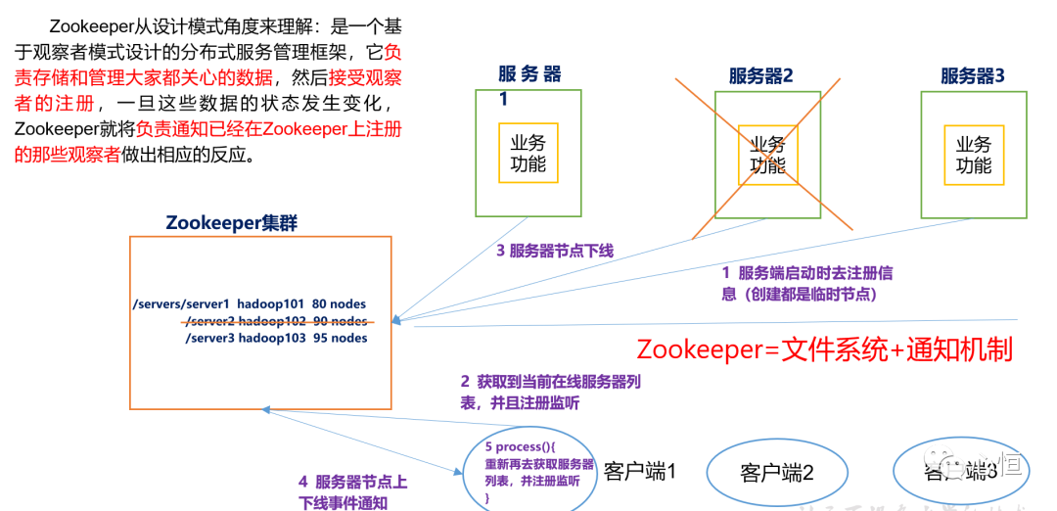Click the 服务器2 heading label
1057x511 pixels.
760,76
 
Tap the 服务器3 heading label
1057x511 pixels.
972,76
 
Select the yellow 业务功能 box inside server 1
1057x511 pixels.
528,153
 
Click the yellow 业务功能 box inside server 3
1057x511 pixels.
973,154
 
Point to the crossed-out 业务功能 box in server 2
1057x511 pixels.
768,155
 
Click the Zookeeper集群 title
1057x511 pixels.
231,223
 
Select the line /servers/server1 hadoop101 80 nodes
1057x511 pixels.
249,304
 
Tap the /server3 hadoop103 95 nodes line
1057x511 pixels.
276,338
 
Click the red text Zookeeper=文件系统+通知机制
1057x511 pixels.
824,349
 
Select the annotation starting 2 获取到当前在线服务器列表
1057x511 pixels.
551,391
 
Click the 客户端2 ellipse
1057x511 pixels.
777,473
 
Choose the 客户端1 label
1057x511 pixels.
640,471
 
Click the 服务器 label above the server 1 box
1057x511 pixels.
529,73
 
